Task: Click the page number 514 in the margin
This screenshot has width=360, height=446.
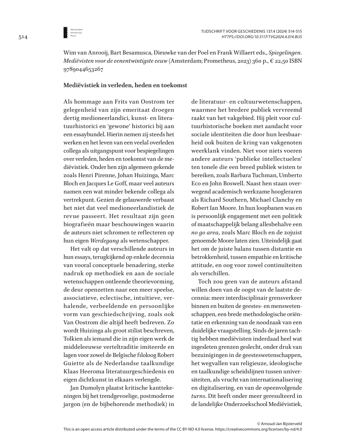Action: (24, 37)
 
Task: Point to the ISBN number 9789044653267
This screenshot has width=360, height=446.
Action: (83, 69)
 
